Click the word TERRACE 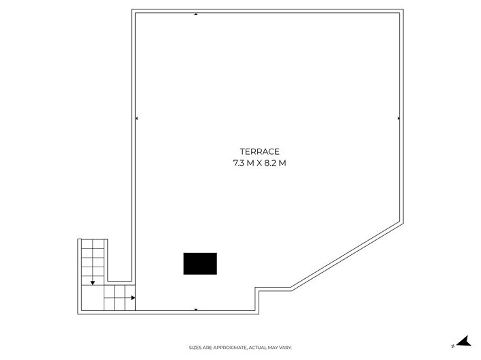point(259,152)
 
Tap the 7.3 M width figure point(244,163)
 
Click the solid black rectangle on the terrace point(200,264)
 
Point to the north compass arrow point(463,341)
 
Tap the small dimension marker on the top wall point(196,14)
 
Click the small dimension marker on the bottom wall point(196,310)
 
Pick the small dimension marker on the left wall point(136,119)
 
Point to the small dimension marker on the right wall point(398,119)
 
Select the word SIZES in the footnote point(194,348)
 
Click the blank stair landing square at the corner point(93,298)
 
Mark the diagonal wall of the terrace point(346,256)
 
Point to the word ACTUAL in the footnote point(258,348)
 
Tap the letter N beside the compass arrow point(453,346)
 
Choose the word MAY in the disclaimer point(273,348)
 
